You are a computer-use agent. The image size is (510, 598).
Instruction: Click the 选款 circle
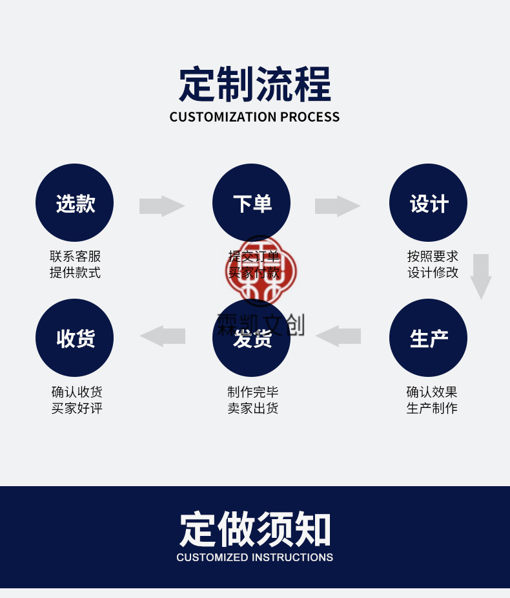74,203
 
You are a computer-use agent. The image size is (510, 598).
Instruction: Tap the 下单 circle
251,203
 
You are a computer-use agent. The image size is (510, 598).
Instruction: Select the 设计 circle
428,203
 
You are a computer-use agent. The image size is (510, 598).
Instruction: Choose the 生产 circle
428,337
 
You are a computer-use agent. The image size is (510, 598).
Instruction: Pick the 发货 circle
251,337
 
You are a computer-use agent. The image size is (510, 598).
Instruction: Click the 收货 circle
74,337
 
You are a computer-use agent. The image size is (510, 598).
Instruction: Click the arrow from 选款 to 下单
162,206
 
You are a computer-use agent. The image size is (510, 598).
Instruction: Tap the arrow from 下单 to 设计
338,206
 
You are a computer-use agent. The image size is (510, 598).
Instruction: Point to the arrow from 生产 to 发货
338,336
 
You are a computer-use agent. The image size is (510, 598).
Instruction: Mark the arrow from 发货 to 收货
162,336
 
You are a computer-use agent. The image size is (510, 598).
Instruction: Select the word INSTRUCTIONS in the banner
292,557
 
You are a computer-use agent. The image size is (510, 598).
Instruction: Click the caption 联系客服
76,257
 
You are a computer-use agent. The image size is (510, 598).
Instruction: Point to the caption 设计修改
433,273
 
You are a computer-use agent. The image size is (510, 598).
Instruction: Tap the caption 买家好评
77,409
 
